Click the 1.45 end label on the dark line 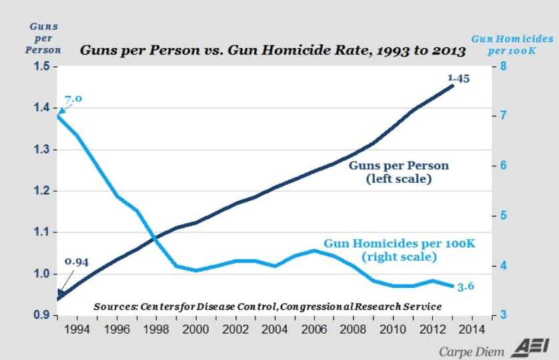tap(458, 78)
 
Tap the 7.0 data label tap(73, 99)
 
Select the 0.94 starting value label tap(77, 262)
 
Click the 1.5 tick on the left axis tap(41, 67)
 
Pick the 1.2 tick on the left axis tap(41, 191)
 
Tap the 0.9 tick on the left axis tap(41, 315)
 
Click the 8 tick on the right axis tap(504, 67)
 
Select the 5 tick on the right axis tap(504, 216)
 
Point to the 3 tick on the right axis tap(504, 315)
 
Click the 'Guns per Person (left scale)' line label tap(399, 172)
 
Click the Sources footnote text tap(267, 306)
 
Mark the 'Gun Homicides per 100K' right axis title tap(512, 45)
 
